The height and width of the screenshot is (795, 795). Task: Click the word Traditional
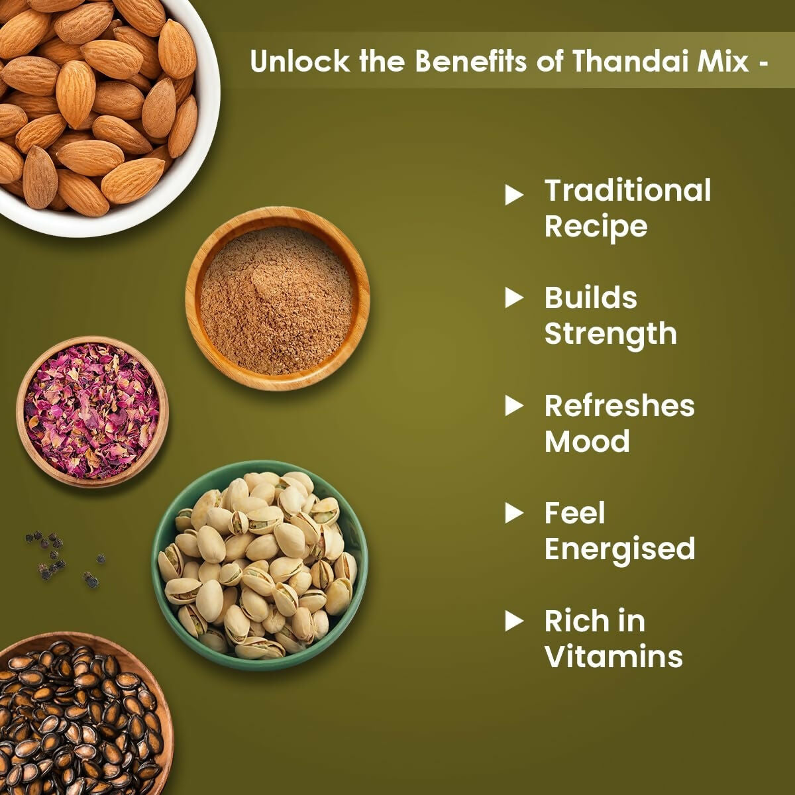click(x=627, y=191)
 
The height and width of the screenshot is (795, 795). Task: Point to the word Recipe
click(x=596, y=227)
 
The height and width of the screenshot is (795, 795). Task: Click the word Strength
click(x=610, y=335)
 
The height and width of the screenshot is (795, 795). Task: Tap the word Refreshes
click(x=619, y=406)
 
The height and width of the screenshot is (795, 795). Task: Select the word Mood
click(x=587, y=442)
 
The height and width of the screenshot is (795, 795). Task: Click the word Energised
click(x=619, y=549)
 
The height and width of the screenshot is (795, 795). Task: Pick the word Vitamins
click(x=613, y=657)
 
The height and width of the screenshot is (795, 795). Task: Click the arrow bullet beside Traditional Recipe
click(x=514, y=195)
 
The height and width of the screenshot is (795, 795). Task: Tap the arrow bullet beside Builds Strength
click(x=514, y=298)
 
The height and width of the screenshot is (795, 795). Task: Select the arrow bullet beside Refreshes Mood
click(x=514, y=406)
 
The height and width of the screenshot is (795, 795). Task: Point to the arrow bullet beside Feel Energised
click(x=514, y=513)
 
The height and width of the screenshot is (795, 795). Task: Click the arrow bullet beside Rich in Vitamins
click(x=514, y=621)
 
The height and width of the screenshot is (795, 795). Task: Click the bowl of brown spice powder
click(x=277, y=299)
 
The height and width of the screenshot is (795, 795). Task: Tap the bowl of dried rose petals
click(x=92, y=411)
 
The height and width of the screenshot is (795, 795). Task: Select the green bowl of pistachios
click(x=259, y=565)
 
